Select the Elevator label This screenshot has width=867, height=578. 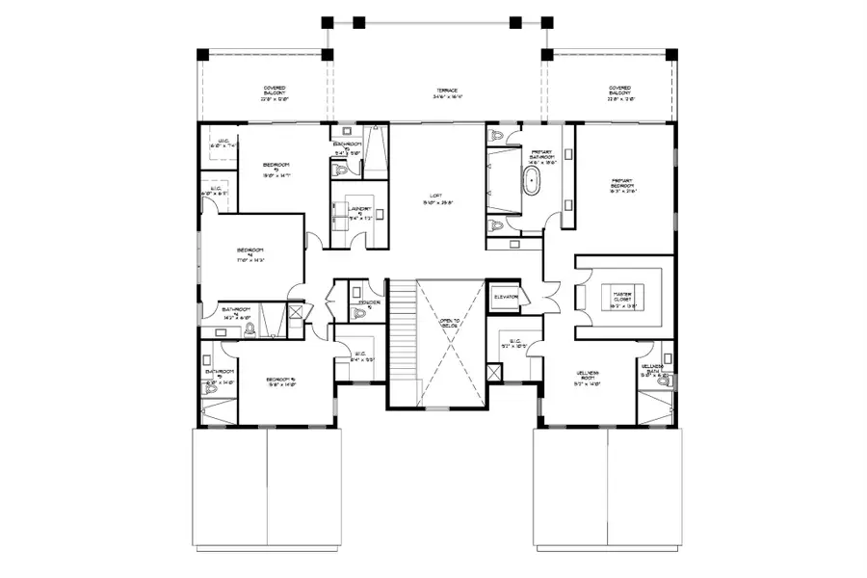(506, 297)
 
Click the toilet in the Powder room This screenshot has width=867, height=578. (354, 289)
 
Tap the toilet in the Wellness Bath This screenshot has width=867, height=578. (662, 381)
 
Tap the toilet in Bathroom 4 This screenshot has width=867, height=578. (250, 328)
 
